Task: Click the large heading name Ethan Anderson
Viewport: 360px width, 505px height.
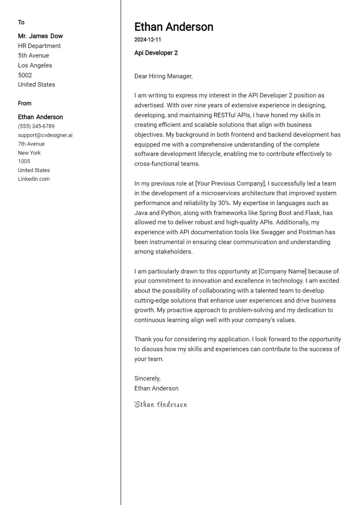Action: [174, 27]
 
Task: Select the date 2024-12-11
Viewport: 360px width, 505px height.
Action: [148, 40]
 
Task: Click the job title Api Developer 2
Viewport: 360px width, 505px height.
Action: [156, 53]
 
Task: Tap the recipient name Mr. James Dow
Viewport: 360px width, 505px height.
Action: [40, 36]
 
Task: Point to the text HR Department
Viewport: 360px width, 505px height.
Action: [39, 46]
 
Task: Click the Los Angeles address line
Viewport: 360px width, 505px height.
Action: [35, 65]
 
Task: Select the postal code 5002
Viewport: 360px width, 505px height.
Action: [25, 75]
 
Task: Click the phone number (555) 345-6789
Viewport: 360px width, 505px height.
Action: [36, 126]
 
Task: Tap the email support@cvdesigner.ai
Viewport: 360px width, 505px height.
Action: [45, 135]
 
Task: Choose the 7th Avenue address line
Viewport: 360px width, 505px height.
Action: [31, 144]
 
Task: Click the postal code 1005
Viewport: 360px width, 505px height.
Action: [24, 161]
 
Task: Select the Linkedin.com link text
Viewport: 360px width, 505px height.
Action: [34, 179]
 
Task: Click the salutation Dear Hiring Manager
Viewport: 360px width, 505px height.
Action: [163, 76]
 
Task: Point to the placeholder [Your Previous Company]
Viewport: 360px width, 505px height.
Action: [230, 183]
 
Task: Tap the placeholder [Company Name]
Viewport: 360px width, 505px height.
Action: [282, 271]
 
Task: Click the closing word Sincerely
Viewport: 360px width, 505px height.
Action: [147, 378]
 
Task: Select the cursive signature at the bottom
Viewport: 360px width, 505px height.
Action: [160, 404]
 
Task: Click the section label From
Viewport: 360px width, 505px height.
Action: [25, 104]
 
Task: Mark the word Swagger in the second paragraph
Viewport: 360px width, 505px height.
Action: [273, 232]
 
